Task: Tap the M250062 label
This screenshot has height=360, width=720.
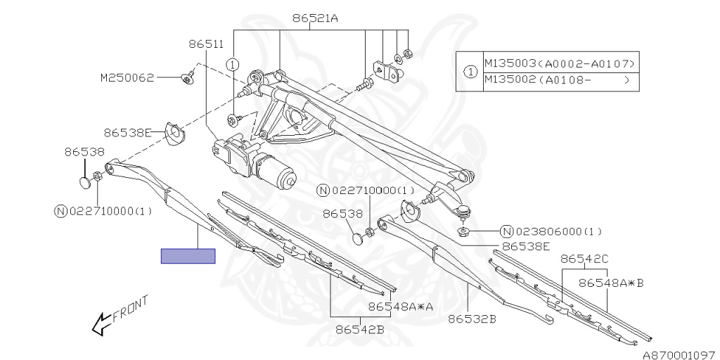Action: point(127,78)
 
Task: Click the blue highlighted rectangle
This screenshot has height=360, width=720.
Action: point(188,256)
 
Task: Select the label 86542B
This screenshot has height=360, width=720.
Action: point(359,328)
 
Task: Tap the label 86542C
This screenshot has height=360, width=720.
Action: point(584,259)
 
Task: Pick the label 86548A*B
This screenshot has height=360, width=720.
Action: point(611,283)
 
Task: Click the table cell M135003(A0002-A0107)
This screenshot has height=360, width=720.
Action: point(560,64)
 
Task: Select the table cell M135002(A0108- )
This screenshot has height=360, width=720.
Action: point(560,81)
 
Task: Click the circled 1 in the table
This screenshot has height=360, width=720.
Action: point(469,72)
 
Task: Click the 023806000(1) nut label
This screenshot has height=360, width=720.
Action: point(553,231)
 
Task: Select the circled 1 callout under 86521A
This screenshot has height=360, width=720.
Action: point(231,65)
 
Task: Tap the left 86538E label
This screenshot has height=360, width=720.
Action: point(128,131)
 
